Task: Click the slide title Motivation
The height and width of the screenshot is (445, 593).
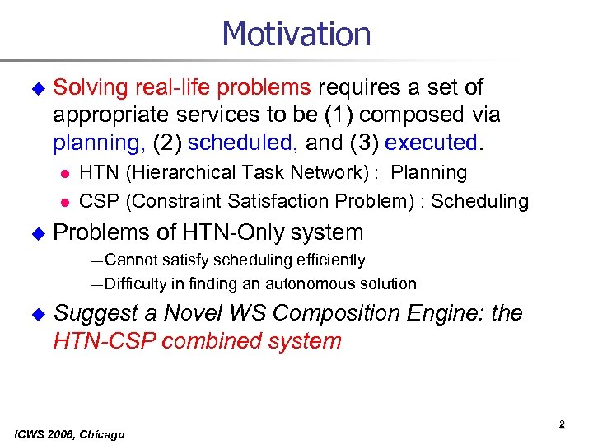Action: (296, 35)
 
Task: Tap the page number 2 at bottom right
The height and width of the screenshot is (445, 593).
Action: (562, 424)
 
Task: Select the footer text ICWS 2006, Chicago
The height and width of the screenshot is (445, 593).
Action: (69, 434)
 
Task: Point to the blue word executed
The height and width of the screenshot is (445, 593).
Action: (430, 143)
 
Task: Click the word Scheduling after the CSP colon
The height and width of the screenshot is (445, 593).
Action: (480, 200)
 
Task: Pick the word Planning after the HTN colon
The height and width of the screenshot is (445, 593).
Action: (429, 173)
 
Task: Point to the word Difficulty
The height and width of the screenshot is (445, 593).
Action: (137, 283)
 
